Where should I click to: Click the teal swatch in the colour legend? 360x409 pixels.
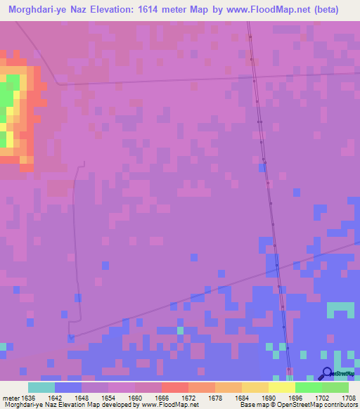pyautogui.click(x=41, y=387)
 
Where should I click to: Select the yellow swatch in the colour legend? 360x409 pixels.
pyautogui.click(x=281, y=387)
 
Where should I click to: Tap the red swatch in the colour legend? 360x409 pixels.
pyautogui.click(x=174, y=387)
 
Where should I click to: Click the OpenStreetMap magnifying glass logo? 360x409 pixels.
pyautogui.click(x=326, y=374)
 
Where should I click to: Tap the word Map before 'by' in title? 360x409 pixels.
pyautogui.click(x=208, y=10)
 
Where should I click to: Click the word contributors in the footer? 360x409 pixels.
pyautogui.click(x=339, y=405)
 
